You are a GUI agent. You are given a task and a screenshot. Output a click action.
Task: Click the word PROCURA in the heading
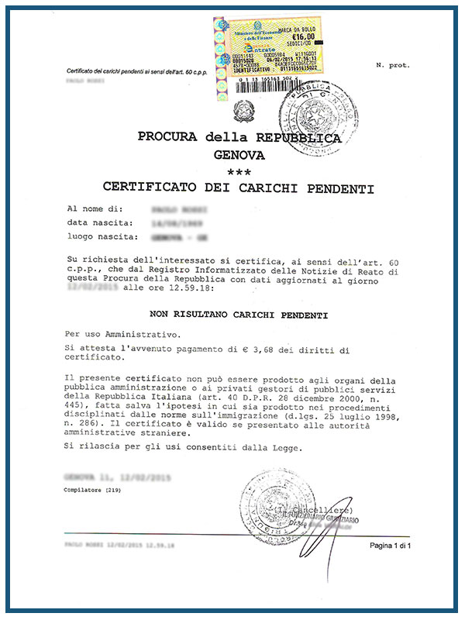click(167, 137)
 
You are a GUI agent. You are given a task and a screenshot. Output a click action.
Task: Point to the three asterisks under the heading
click(239, 171)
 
